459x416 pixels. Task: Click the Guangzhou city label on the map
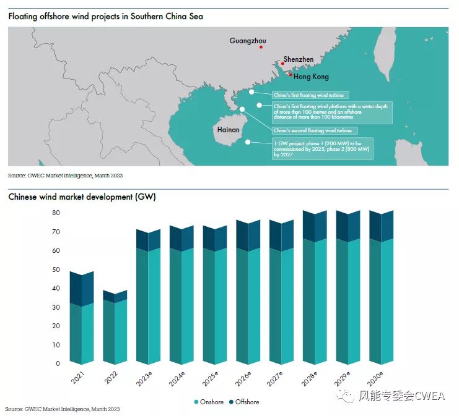[x=248, y=41]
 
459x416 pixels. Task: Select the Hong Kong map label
[x=311, y=77]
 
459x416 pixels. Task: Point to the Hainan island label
[x=228, y=130]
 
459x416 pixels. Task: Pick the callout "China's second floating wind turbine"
[x=313, y=131]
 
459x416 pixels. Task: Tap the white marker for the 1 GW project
[x=248, y=142]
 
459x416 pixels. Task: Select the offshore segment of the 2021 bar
[x=81, y=288]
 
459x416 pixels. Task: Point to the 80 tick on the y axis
[x=56, y=212]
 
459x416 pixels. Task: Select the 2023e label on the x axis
[x=143, y=378]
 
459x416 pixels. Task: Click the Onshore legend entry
[x=208, y=402]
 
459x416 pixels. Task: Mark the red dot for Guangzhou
[x=261, y=47]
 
